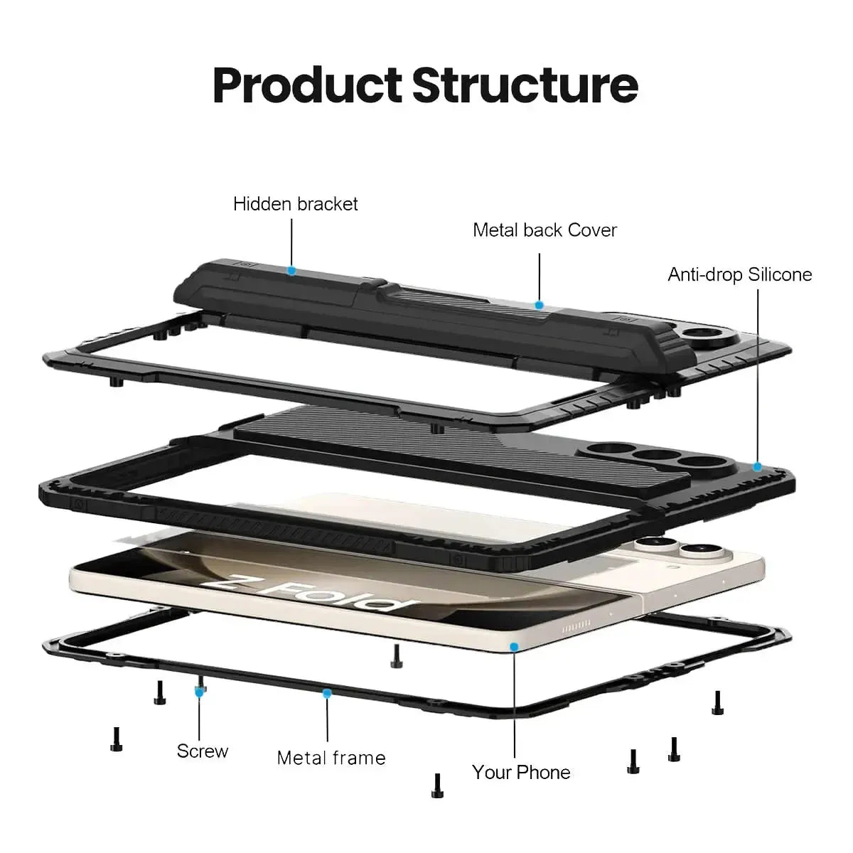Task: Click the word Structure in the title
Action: tap(525, 85)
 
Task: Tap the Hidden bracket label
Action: tap(295, 204)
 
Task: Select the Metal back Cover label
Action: tap(544, 230)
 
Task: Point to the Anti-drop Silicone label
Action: tap(739, 274)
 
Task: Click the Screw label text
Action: tap(203, 751)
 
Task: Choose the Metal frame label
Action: tap(331, 758)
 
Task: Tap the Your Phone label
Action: tap(521, 772)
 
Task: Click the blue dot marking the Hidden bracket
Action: tap(291, 271)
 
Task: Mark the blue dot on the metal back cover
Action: tap(539, 305)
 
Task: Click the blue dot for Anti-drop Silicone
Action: tap(757, 467)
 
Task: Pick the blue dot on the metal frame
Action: tap(327, 692)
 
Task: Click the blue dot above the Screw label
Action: tap(200, 690)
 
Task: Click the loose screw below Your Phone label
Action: tap(437, 785)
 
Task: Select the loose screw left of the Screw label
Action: tap(116, 739)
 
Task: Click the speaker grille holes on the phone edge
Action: tap(576, 631)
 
